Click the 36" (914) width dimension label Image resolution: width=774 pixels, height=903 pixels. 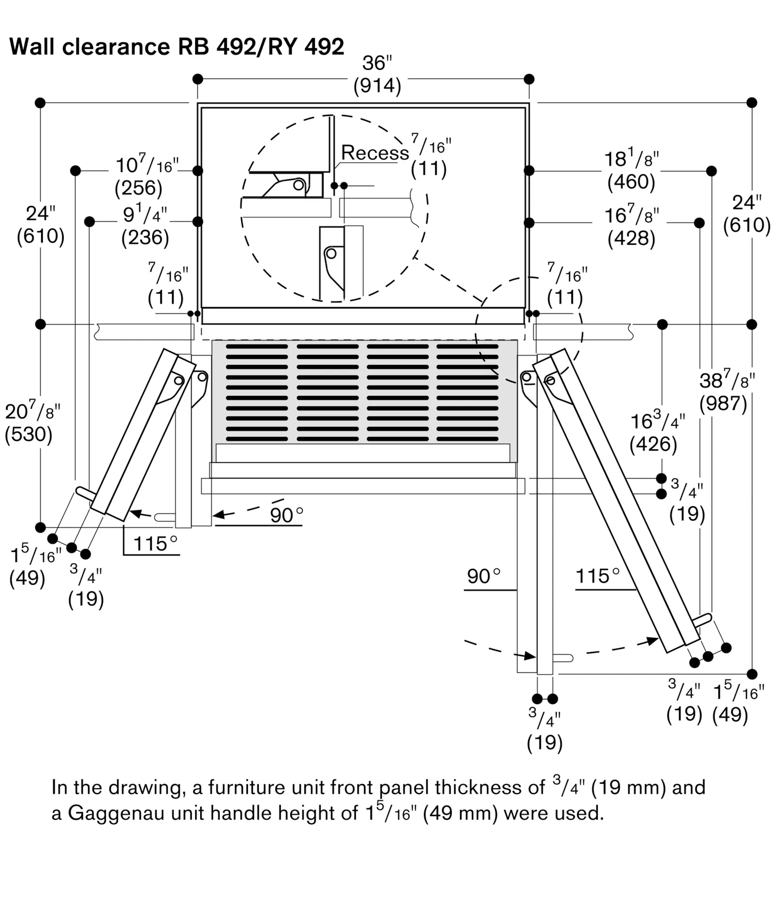(x=377, y=75)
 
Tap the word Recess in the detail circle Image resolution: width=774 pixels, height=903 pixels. (x=374, y=153)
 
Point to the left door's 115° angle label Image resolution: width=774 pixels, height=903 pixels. (x=155, y=544)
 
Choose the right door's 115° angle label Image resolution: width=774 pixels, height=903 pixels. (x=597, y=577)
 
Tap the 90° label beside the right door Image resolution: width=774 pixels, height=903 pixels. (x=484, y=577)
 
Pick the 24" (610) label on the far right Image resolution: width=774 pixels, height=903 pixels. (x=746, y=214)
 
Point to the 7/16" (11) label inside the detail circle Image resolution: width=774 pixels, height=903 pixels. (x=429, y=156)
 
